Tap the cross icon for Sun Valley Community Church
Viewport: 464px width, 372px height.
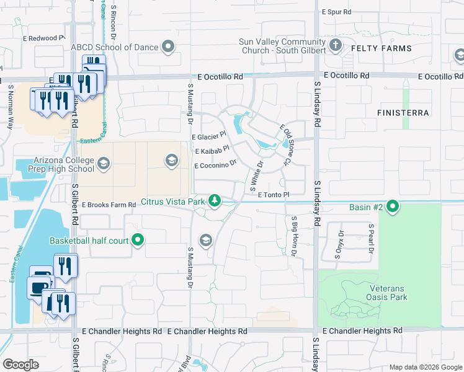[x=336, y=45]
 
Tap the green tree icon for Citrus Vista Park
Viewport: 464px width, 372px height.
[x=215, y=200]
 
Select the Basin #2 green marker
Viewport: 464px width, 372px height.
[x=393, y=206]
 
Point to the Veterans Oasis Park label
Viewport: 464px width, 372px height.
[x=388, y=293]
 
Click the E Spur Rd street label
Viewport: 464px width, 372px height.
[x=337, y=12]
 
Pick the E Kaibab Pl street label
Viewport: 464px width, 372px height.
[x=212, y=151]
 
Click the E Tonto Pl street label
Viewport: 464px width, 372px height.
[x=270, y=195]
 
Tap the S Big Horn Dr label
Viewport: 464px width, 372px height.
[x=294, y=237]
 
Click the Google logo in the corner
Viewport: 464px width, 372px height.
[x=21, y=365]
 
